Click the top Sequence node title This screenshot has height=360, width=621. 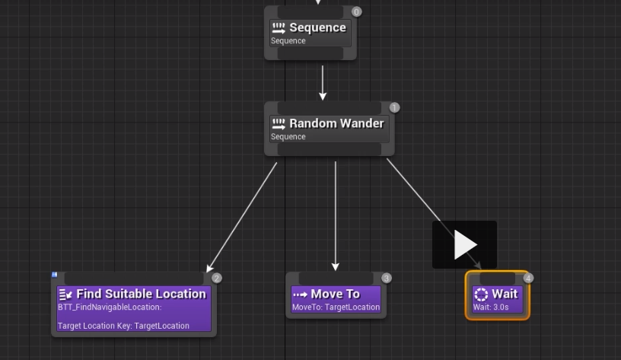(317, 28)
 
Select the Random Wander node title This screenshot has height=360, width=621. (336, 123)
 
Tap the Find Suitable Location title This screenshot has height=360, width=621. (141, 294)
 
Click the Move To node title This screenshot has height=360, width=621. (335, 294)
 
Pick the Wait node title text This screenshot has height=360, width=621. (505, 294)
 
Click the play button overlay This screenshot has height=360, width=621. (464, 245)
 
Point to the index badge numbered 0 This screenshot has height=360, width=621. (356, 12)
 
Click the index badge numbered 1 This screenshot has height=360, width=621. (394, 107)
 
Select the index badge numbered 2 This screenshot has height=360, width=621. (216, 279)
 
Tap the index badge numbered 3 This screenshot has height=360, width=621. (386, 279)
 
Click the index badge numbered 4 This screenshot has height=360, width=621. (528, 279)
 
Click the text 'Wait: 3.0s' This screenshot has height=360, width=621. (491, 307)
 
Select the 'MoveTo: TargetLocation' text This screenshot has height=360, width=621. (336, 307)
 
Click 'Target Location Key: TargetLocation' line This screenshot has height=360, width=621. (123, 326)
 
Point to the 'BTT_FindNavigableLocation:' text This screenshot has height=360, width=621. (110, 307)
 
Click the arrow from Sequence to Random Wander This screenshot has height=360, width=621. (323, 82)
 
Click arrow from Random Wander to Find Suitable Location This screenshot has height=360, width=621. (242, 216)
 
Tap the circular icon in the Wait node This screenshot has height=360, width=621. (481, 295)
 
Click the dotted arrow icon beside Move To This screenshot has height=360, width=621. (300, 295)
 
